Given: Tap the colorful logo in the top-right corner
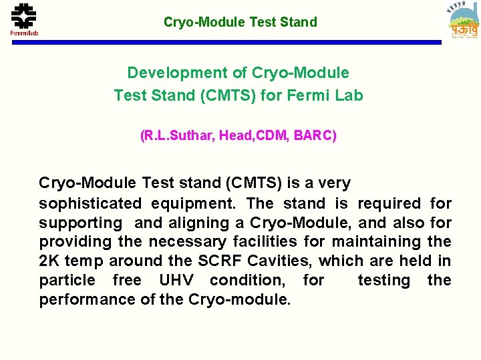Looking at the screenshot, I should pos(463,21).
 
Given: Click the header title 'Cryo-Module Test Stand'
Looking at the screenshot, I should pos(240,22).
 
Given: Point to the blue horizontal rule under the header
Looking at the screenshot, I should pos(240,43).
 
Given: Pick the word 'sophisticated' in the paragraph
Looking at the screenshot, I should pos(90,203).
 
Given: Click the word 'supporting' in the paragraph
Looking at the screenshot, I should pos(81,223).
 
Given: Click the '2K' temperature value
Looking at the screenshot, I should pos(49,261).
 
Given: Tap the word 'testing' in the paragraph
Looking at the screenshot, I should pos(384,280).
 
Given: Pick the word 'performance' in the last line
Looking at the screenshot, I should pos(88,299).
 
